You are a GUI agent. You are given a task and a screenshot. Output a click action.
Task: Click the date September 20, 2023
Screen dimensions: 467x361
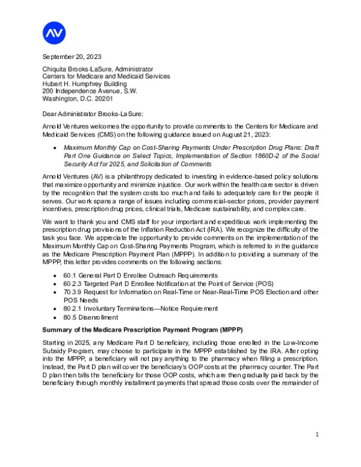coord(69,57)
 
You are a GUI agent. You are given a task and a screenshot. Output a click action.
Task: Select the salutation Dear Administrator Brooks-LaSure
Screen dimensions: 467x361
coord(95,113)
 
